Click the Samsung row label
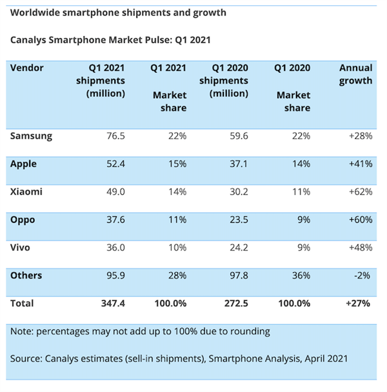(x=32, y=136)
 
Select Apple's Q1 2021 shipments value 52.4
(x=114, y=164)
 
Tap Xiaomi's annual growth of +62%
(x=359, y=191)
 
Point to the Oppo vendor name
(x=23, y=220)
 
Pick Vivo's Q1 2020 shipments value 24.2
(x=237, y=248)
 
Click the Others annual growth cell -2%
(x=363, y=275)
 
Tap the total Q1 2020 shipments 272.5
(x=235, y=303)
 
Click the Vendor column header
(x=27, y=68)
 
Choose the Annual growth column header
(x=356, y=74)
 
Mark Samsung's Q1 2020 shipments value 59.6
(x=237, y=136)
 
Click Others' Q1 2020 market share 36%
(x=300, y=275)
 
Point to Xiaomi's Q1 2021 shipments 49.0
(x=114, y=191)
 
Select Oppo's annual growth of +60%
(x=359, y=220)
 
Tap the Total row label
(x=22, y=303)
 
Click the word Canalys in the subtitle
(x=29, y=39)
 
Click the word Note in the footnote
(x=22, y=331)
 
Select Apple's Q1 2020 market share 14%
(x=300, y=164)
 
